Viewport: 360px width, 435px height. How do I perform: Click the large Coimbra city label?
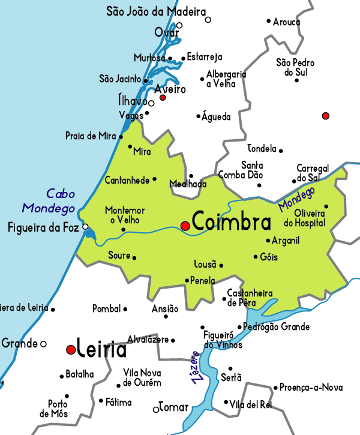[232, 222]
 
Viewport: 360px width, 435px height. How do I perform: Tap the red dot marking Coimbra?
[185, 226]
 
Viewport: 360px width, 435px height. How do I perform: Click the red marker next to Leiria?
[71, 349]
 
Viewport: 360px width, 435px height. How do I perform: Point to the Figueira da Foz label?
[43, 227]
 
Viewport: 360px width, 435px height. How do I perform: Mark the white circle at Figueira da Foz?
[86, 227]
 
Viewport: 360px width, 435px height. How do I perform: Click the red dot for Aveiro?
[163, 97]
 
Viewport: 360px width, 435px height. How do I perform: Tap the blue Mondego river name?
[296, 199]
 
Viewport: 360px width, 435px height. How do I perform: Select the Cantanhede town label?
[127, 179]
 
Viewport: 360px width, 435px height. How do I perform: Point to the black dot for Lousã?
[221, 265]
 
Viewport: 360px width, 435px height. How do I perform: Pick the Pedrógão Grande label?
[277, 327]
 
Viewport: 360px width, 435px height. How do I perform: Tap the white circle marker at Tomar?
[156, 409]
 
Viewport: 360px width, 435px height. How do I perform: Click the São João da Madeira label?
[155, 11]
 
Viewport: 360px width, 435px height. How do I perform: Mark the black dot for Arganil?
[268, 241]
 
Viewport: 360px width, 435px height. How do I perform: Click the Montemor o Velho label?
[125, 215]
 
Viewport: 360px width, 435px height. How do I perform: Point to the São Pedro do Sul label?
[296, 67]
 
